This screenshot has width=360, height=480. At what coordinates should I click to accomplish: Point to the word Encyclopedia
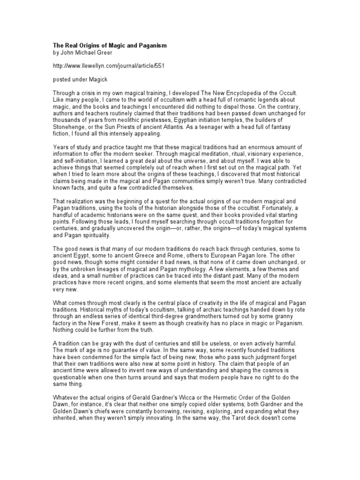243,94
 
